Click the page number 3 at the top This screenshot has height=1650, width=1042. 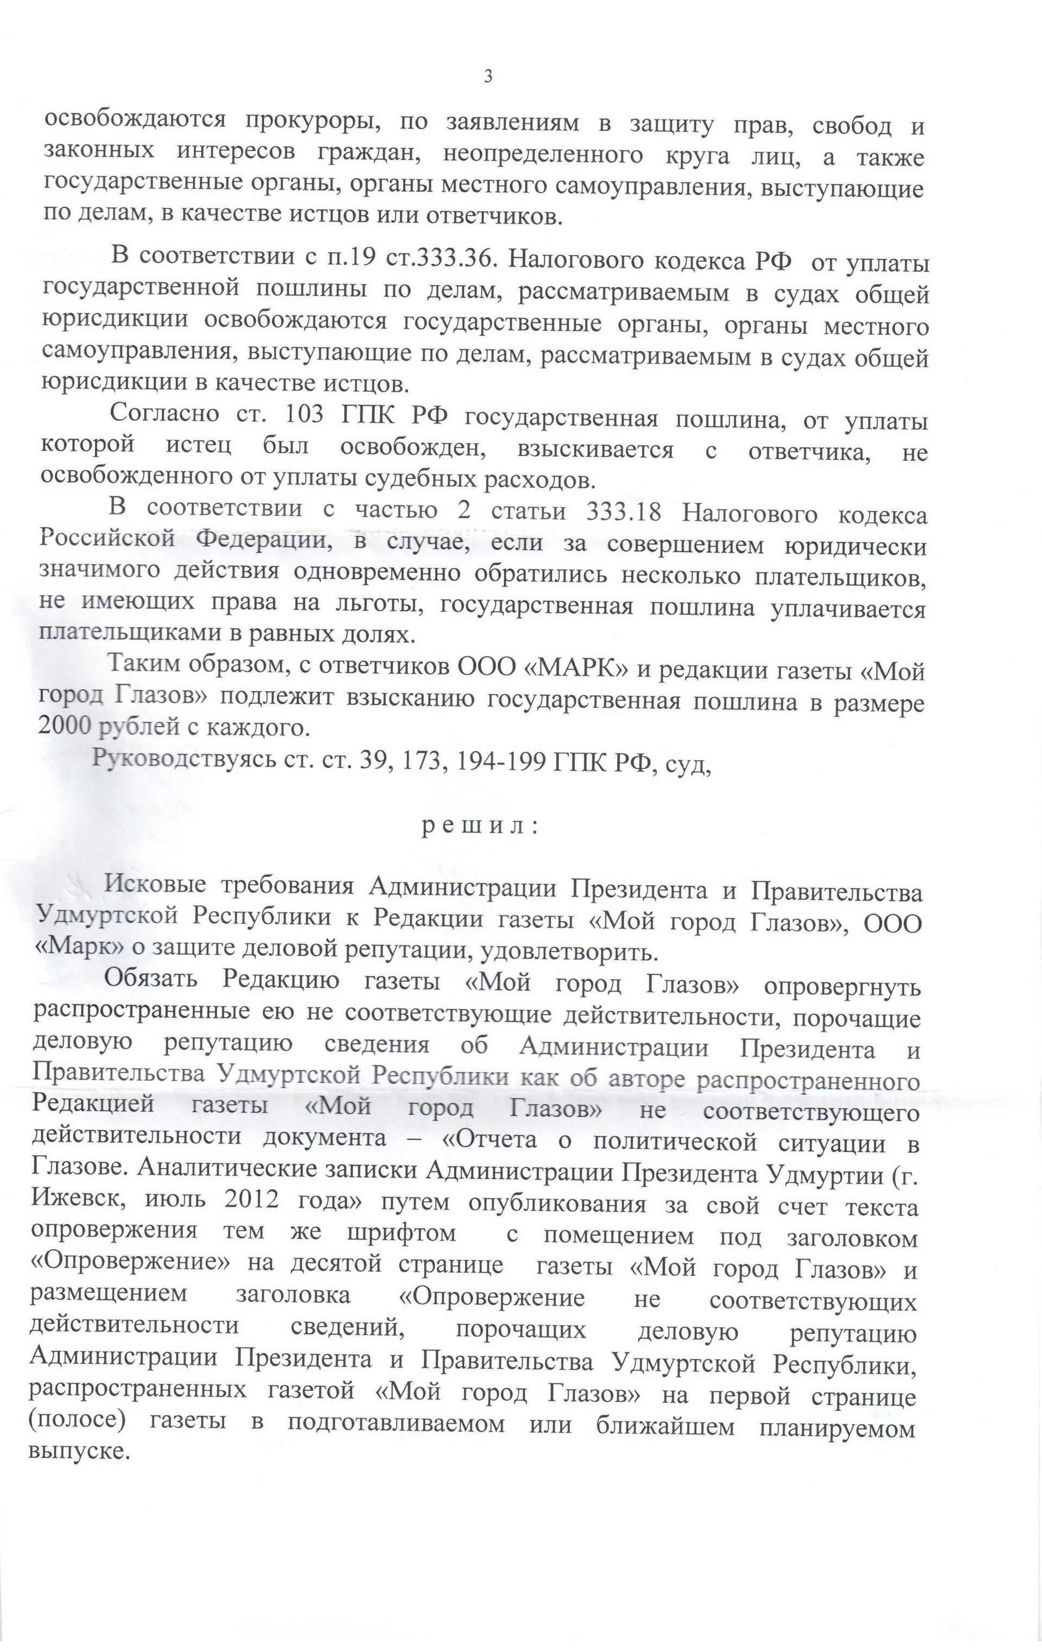point(488,77)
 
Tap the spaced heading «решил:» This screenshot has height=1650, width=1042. point(480,827)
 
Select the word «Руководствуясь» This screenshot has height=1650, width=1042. point(185,759)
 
